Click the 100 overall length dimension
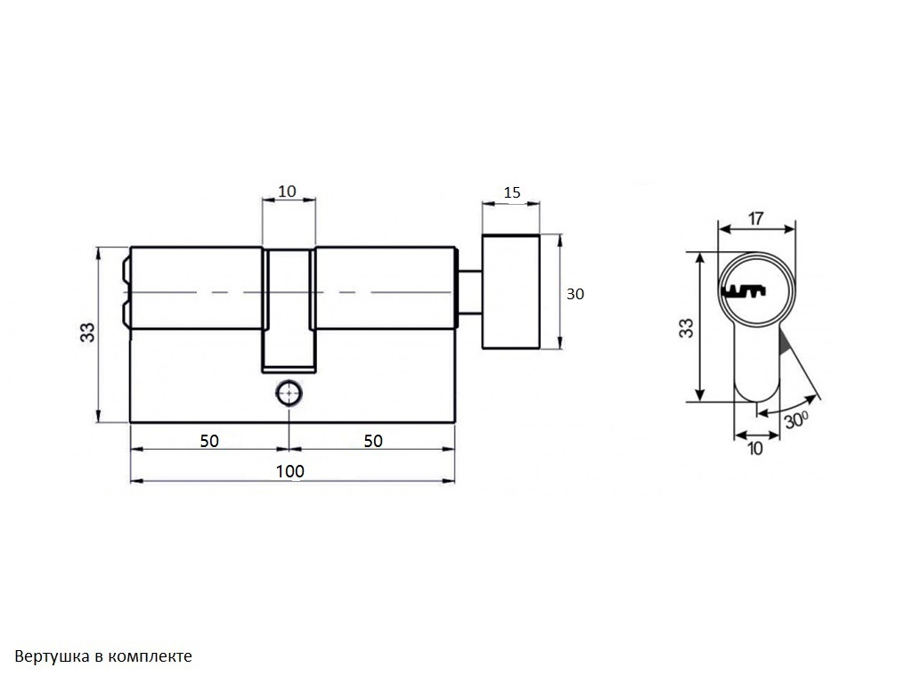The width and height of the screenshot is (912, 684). [289, 471]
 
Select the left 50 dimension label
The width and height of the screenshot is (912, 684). [209, 441]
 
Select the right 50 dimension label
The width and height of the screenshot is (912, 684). [373, 441]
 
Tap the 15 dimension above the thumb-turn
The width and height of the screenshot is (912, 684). [512, 192]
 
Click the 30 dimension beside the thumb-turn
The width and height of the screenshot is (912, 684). [574, 294]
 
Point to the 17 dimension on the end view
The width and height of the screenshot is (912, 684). [755, 219]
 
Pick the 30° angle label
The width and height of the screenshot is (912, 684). [796, 419]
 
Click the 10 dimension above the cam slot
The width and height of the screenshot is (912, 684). [287, 191]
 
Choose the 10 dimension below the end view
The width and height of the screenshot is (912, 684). [755, 449]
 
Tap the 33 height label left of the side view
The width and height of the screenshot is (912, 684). [86, 332]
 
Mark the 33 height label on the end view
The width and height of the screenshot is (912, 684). [687, 328]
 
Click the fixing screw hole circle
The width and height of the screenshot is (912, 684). [289, 394]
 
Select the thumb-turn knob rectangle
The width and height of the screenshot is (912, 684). [511, 292]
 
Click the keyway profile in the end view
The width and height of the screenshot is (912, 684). [744, 291]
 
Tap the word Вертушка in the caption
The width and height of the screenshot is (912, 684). [53, 656]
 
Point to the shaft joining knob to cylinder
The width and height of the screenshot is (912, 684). [470, 292]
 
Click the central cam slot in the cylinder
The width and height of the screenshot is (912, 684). [289, 310]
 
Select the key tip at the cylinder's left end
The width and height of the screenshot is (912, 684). [126, 291]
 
